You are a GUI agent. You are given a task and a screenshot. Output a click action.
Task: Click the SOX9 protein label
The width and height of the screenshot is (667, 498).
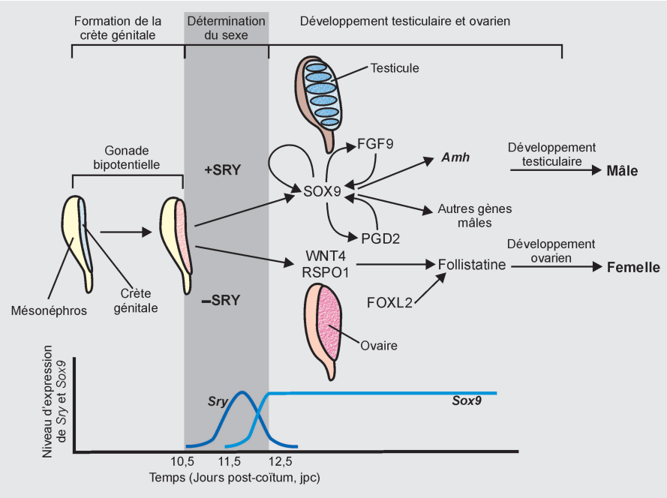click(x=323, y=192)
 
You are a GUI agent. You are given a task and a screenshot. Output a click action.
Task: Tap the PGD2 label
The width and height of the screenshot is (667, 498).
click(x=382, y=239)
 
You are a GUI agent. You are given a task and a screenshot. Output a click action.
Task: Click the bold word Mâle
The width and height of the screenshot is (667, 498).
click(x=622, y=171)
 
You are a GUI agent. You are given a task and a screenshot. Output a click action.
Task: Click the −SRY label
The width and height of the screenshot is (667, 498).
click(x=221, y=300)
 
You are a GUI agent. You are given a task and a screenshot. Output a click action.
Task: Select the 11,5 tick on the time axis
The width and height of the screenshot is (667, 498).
click(x=230, y=461)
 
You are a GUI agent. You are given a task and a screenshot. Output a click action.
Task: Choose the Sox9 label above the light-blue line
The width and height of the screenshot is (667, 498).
click(x=466, y=401)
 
